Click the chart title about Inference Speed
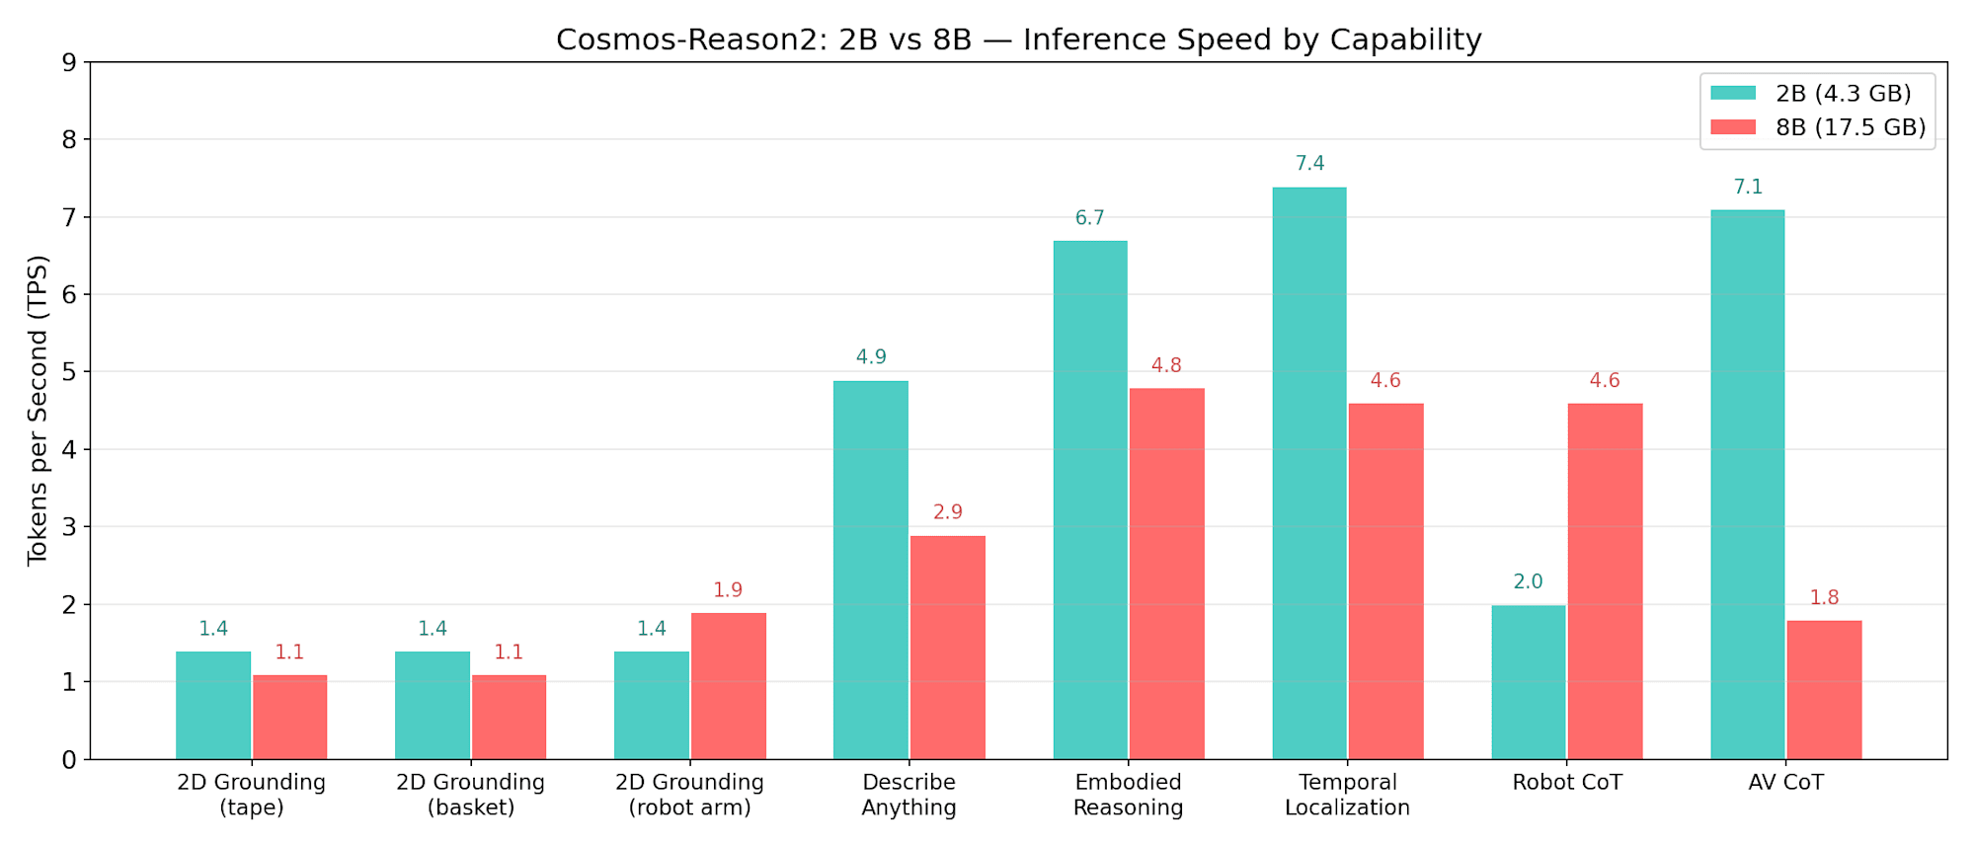pos(1018,39)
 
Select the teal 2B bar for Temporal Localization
pos(1308,474)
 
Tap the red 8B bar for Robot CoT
pos(1605,581)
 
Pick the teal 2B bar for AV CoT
pos(1747,485)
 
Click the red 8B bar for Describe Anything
pos(947,648)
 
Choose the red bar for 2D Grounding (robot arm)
pos(728,686)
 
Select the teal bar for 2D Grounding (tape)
pos(213,705)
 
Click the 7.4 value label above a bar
pos(1309,164)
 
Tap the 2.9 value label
pos(947,512)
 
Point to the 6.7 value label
pos(1089,218)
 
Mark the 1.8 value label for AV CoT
pos(1824,598)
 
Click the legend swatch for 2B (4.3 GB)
pos(1733,93)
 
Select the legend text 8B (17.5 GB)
pos(1850,127)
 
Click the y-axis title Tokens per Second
pos(38,410)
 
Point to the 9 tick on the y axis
pos(68,62)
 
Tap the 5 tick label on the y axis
pos(68,372)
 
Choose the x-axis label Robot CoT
pos(1567,783)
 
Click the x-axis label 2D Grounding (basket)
pos(470,795)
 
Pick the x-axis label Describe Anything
pos(908,795)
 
